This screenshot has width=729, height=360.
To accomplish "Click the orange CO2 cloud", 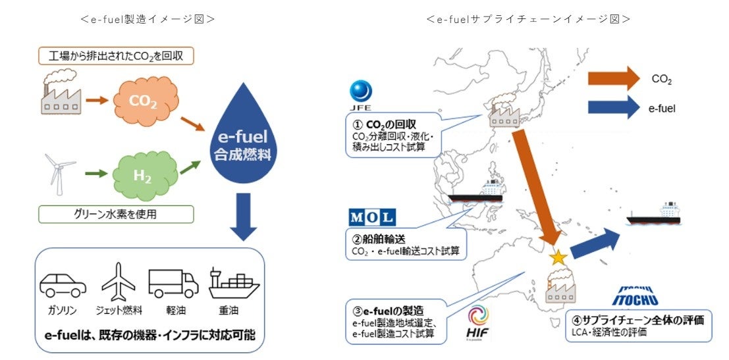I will point(144,102).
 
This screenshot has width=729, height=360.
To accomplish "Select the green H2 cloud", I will point(144,175).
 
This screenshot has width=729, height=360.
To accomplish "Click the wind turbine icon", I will point(57,172).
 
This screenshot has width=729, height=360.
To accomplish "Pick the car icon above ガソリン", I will point(63,283).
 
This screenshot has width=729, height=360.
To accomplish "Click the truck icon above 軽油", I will point(173,283).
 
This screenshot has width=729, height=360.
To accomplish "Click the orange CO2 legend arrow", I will point(613,78).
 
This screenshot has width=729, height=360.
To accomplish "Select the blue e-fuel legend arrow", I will point(613,106).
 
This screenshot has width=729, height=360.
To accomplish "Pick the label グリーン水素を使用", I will point(116,214).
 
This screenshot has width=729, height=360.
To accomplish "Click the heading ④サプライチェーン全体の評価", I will point(639,321).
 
